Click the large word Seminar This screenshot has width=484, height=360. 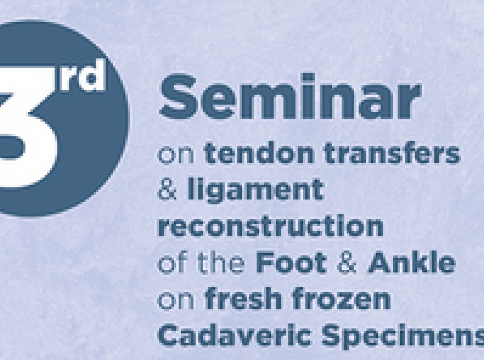[290, 97]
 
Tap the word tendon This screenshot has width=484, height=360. [259, 153]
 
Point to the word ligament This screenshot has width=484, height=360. [256, 191]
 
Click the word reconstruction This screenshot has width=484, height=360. [271, 226]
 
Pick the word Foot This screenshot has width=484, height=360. [291, 263]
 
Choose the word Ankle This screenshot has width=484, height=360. [412, 263]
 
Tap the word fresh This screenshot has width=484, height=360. [243, 299]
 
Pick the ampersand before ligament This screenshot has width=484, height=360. [168, 189]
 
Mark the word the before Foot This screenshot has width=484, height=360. [221, 263]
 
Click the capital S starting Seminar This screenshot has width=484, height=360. [178, 97]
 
